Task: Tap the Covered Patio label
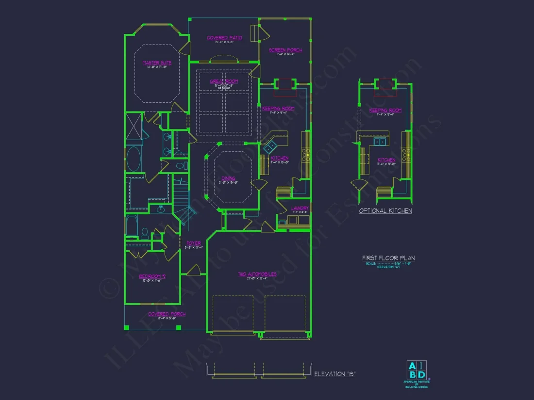[224, 38]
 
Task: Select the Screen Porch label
[285, 50]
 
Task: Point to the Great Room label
[224, 81]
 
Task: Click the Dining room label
[228, 178]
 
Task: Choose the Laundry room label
[300, 208]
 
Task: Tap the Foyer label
[193, 243]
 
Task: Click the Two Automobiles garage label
[257, 274]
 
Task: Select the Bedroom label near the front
[152, 276]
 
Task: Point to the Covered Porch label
[167, 314]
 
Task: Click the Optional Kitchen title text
[385, 211]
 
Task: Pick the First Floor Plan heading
[388, 258]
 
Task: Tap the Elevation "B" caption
[335, 374]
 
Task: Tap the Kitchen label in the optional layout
[386, 160]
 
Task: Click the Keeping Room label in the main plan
[279, 109]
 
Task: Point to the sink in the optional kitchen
[380, 142]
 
